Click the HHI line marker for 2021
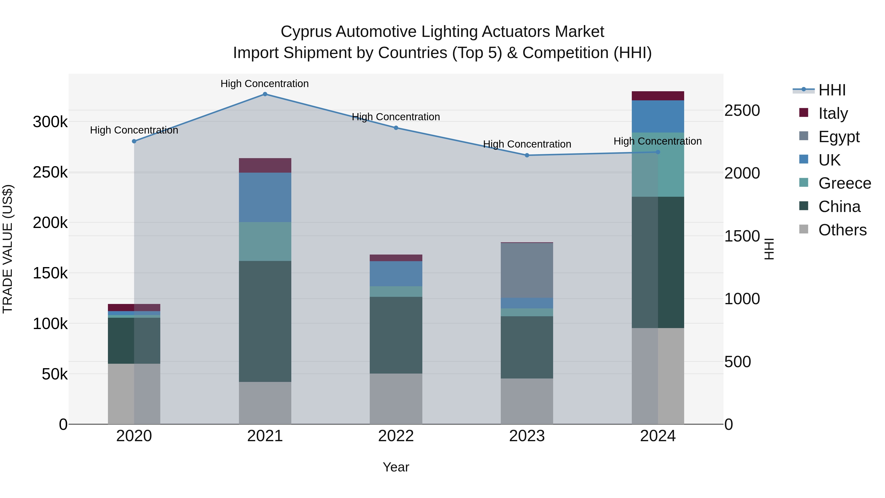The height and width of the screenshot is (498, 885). (265, 94)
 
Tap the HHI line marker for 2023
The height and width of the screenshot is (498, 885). (527, 155)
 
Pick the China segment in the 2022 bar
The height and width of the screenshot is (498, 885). (396, 335)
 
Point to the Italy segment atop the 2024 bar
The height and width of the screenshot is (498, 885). (658, 96)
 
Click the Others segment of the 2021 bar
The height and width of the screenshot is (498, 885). (265, 403)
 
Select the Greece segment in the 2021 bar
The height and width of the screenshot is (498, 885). (265, 241)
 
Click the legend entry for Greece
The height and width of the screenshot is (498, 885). (844, 183)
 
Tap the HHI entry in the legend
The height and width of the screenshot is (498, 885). (832, 90)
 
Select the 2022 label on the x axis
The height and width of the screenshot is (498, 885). (396, 436)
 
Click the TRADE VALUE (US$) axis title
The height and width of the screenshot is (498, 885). (8, 249)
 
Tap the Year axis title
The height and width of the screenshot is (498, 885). (396, 467)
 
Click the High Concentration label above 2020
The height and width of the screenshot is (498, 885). (134, 130)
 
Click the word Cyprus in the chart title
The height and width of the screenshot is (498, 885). (307, 32)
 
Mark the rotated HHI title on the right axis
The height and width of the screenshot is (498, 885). (769, 249)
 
